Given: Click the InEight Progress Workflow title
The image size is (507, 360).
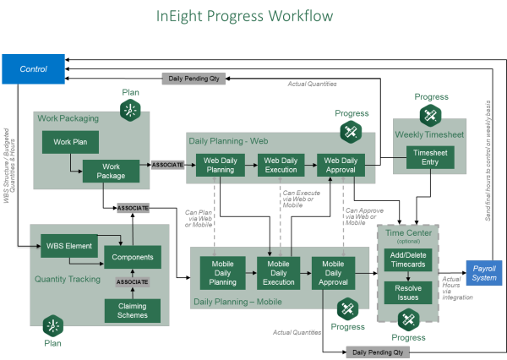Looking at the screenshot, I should tap(245, 17).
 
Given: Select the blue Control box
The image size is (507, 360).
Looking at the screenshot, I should tap(33, 68).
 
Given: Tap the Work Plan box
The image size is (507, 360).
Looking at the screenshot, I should tap(70, 142).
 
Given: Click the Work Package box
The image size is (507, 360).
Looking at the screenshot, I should tap(111, 171).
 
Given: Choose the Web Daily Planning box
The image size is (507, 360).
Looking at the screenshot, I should tap(221, 165).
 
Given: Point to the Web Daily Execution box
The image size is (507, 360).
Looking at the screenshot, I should tap(281, 165).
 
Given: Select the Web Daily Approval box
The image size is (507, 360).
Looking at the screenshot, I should tap(341, 165).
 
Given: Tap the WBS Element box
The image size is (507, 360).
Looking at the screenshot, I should tap(63, 249).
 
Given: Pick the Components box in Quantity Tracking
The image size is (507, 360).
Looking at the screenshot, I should tap(132, 257).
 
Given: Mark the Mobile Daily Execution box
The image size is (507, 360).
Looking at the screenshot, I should tap(279, 272).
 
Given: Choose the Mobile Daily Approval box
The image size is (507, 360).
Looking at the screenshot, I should tap(335, 272).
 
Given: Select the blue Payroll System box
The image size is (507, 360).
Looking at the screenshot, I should tap(485, 273).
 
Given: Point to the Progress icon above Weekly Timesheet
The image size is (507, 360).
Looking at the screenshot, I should tap(431, 115).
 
